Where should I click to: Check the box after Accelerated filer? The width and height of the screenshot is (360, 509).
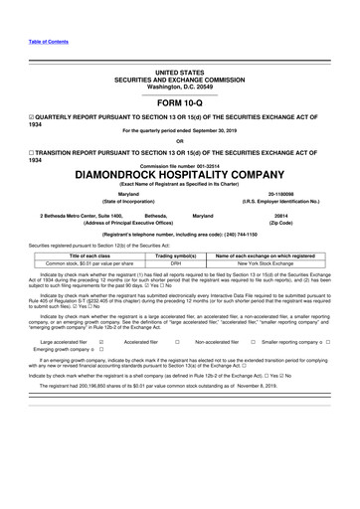pos(175,341)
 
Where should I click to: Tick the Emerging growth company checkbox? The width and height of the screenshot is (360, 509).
pos(100,350)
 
